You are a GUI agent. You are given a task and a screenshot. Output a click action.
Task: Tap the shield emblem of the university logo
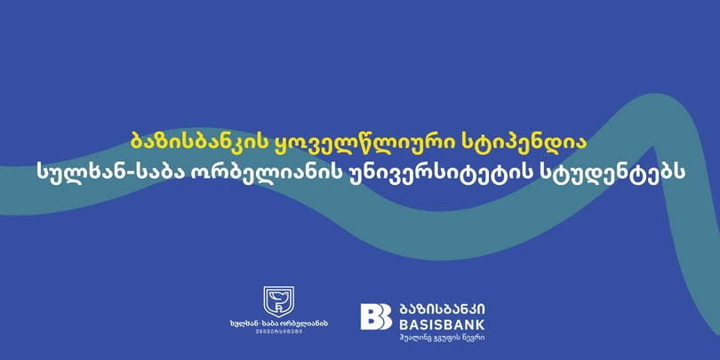(x=278, y=300)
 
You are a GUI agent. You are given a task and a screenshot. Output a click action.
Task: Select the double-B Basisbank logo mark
(x=376, y=316)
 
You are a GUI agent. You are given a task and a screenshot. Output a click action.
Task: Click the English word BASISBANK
(x=442, y=325)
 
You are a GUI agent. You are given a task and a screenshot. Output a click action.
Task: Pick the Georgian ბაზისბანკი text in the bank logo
(x=442, y=309)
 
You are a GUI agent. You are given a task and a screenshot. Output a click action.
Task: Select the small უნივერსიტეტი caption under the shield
(x=279, y=332)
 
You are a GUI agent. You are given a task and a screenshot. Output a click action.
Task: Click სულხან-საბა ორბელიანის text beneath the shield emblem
(x=279, y=324)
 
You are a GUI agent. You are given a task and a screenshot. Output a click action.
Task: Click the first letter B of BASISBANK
(x=404, y=325)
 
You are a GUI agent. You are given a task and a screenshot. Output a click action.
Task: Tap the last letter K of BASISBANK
(x=480, y=325)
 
